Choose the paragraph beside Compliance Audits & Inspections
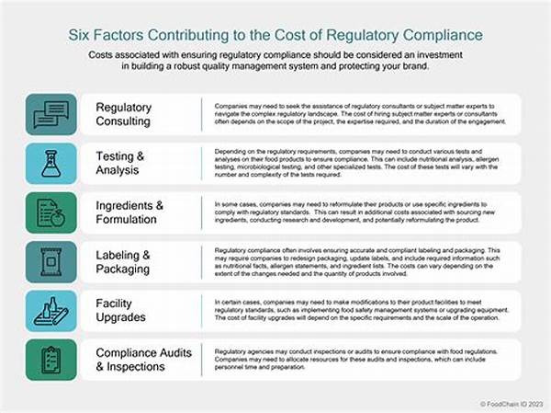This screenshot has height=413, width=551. click(363, 361)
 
